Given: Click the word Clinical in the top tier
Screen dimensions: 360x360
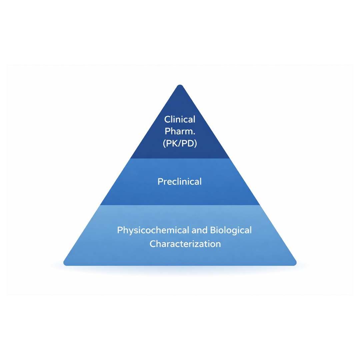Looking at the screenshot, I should point(180,119).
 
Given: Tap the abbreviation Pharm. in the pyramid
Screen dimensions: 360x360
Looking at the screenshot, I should point(180,131).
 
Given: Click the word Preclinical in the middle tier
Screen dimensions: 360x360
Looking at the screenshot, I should point(180,182).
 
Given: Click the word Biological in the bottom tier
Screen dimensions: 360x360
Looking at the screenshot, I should point(231,230).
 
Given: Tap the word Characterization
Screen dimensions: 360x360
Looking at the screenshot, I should point(185,244).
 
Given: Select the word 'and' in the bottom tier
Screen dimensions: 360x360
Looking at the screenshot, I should point(199,230).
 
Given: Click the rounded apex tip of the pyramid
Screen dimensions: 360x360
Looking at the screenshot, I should point(180,86).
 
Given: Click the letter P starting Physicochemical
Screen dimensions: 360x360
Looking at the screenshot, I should point(120,230).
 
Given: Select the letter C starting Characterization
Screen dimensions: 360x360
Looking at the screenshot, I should point(153,244).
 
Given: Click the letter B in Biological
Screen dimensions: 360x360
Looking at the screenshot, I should point(213,230).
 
